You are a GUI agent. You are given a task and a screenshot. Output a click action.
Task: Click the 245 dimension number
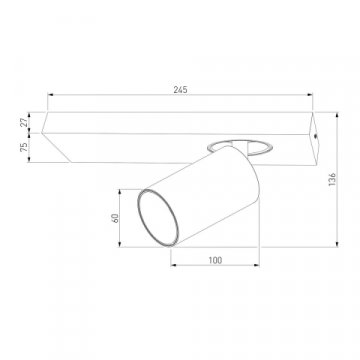point(180,89)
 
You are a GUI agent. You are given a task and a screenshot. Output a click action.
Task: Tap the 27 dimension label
point(24,123)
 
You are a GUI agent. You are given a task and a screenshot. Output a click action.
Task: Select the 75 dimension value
point(24,147)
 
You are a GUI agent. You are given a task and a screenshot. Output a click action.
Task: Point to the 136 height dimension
point(332,179)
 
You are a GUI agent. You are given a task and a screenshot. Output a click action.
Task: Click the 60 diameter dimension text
point(115,218)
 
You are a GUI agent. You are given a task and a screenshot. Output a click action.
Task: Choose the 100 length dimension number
point(215,260)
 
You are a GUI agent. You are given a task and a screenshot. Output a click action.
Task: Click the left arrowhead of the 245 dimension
point(51,95)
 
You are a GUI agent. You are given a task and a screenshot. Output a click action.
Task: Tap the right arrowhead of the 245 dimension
point(310,95)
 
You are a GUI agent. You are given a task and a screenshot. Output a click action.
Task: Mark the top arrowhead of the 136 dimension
point(337,115)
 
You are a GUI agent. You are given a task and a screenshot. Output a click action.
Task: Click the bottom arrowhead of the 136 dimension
point(337,244)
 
